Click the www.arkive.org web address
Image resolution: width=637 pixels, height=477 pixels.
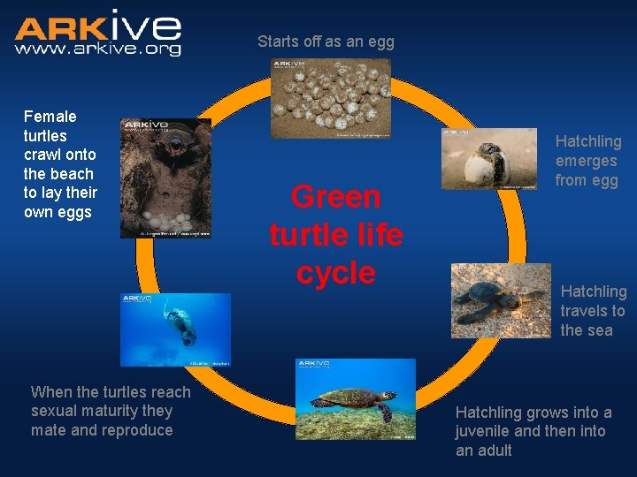pyautogui.click(x=97, y=49)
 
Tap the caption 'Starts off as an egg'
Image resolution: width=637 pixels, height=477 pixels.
pyautogui.click(x=326, y=42)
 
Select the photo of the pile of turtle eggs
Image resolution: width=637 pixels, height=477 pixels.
pyautogui.click(x=330, y=98)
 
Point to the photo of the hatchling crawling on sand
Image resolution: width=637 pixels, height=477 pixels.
pyautogui.click(x=500, y=300)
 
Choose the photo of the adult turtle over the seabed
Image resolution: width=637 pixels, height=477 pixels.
pyautogui.click(x=355, y=399)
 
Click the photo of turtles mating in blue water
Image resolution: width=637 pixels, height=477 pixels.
pyautogui.click(x=175, y=329)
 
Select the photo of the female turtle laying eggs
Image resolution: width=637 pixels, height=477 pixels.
pyautogui.click(x=165, y=178)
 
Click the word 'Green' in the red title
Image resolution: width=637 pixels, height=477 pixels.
pyautogui.click(x=336, y=197)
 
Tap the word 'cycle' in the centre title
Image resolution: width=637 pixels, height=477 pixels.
pyautogui.click(x=336, y=273)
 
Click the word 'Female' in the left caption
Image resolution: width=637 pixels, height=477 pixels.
pyautogui.click(x=50, y=117)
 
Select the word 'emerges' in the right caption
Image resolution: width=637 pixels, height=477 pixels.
pyautogui.click(x=586, y=161)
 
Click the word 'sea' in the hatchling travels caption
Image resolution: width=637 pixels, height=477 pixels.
pyautogui.click(x=599, y=330)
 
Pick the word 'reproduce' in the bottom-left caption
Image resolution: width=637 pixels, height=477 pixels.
pyautogui.click(x=139, y=430)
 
